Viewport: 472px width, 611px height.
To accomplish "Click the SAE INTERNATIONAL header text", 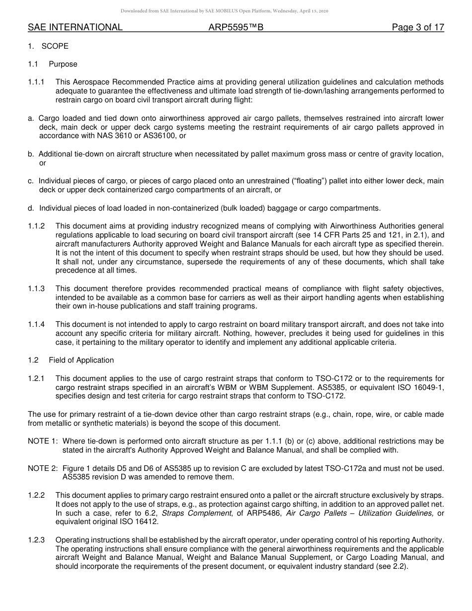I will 75,28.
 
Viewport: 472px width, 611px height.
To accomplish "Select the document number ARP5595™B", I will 236,28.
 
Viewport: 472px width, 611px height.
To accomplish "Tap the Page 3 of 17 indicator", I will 418,28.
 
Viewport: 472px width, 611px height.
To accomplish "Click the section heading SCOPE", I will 55,46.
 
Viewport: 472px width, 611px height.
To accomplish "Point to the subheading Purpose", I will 63,64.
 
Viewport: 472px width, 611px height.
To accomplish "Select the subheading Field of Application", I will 81,360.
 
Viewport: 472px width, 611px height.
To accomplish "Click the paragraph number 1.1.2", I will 36,226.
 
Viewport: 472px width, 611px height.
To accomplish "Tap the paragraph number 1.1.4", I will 36,324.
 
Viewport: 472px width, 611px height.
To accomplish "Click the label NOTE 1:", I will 42,441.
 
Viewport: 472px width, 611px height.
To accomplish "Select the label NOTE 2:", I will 42,468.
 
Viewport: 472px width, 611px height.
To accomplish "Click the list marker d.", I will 31,208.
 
